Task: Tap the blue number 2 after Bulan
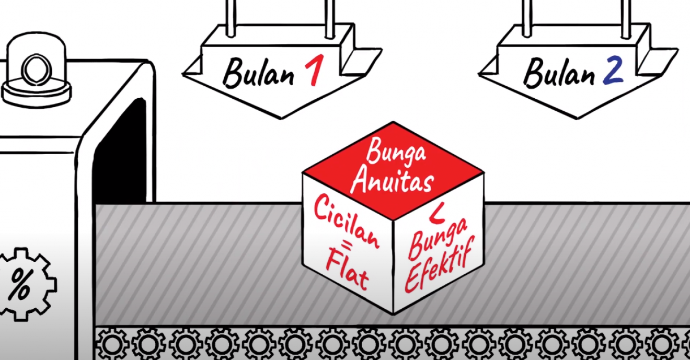click(x=613, y=72)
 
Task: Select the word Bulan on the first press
click(x=258, y=73)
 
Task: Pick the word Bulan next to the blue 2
click(x=559, y=73)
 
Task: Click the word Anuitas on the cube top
click(x=393, y=182)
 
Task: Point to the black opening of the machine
click(x=120, y=151)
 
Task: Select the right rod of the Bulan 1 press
click(x=330, y=18)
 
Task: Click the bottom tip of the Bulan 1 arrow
click(x=281, y=118)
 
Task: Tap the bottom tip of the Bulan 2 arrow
click(x=577, y=118)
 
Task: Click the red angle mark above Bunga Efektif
click(x=438, y=216)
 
